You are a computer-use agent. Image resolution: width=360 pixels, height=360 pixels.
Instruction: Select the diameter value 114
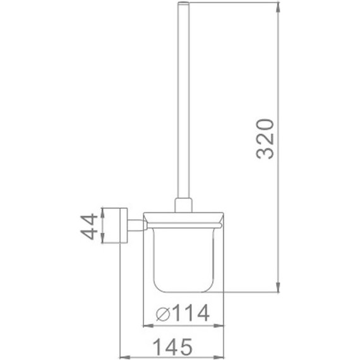pyautogui.click(x=188, y=314)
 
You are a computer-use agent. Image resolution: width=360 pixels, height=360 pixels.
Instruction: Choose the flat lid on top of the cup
pyautogui.click(x=183, y=219)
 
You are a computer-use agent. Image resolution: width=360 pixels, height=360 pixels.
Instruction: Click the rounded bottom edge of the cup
pyautogui.click(x=183, y=291)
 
